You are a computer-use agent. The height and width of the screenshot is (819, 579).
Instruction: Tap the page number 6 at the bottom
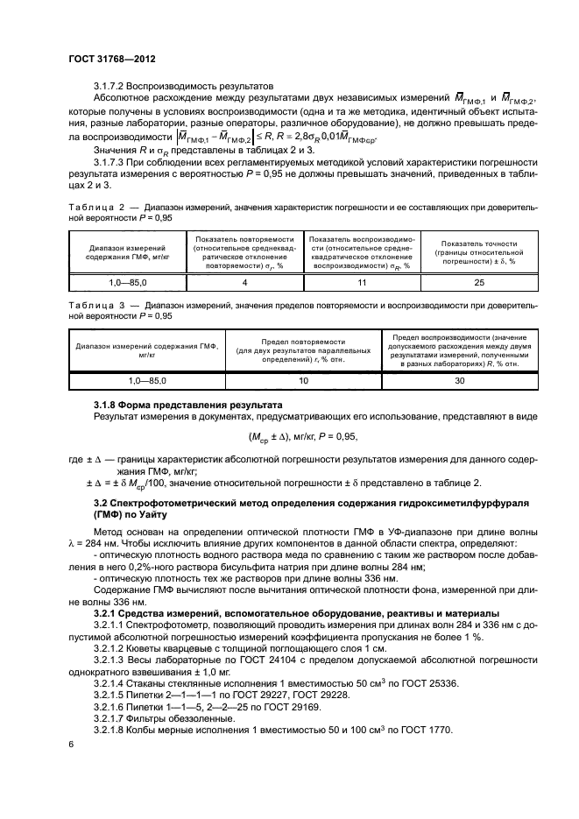pyautogui.click(x=71, y=743)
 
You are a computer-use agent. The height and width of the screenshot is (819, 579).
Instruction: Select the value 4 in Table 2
pyautogui.click(x=244, y=283)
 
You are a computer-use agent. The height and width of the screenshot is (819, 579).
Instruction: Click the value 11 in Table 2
pyautogui.click(x=361, y=283)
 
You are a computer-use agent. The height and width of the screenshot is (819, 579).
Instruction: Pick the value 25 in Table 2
pyautogui.click(x=477, y=283)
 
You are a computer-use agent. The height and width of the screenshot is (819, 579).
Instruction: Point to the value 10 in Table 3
pyautogui.click(x=303, y=382)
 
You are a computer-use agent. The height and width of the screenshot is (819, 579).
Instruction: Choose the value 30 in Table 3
pyautogui.click(x=458, y=382)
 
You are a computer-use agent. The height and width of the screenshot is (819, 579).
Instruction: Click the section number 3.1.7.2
pyautogui.click(x=111, y=86)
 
